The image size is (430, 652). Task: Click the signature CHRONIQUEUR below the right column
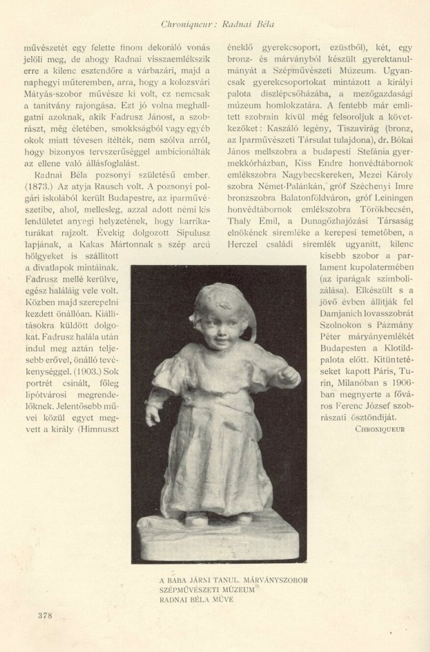tap(380, 429)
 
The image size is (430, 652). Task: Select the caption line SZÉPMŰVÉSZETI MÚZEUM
tap(207, 590)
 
